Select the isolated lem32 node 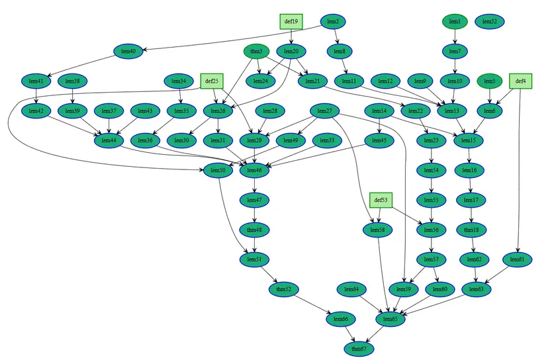[490, 22]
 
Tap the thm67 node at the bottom [359, 348]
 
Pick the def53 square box [381, 199]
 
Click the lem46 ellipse [255, 170]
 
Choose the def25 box [212, 81]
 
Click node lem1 [455, 22]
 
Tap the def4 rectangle [521, 81]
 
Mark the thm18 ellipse [471, 230]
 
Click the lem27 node [324, 111]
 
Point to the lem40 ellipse [125, 52]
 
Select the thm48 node [255, 230]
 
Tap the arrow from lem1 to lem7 [455, 36]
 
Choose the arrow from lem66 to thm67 [349, 334]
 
